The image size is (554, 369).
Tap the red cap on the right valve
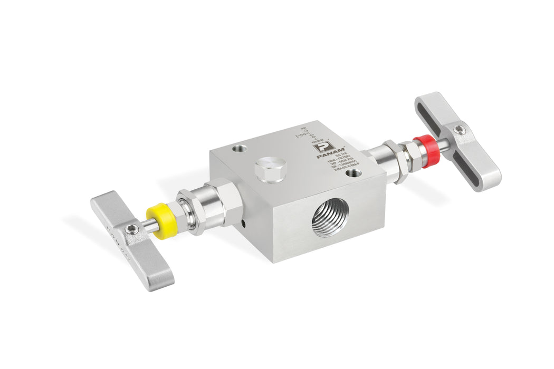coord(424,144)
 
